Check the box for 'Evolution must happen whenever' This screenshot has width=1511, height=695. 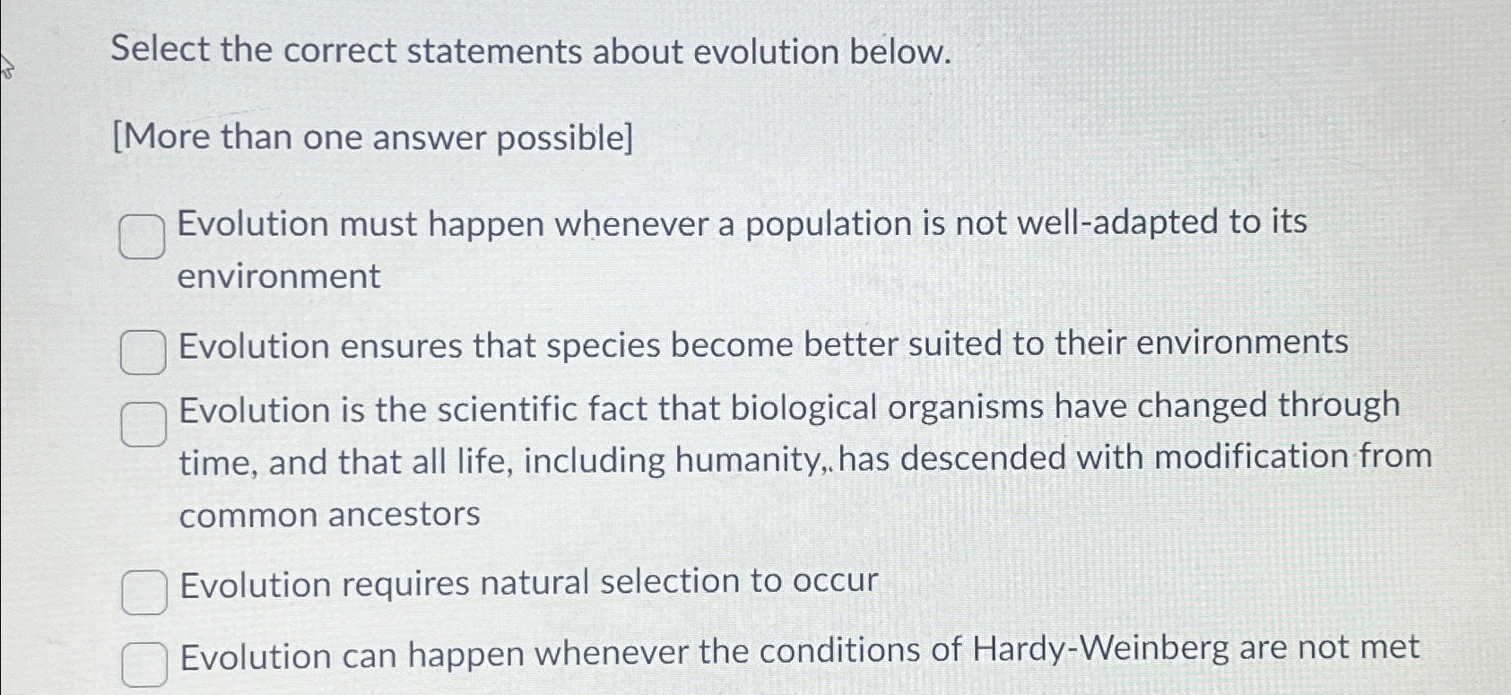pos(142,237)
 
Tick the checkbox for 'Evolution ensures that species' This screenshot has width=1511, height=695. pos(143,352)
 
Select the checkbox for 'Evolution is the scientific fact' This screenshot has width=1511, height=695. pos(143,423)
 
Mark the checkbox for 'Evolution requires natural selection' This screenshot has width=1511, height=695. pos(143,593)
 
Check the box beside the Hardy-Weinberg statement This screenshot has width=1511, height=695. pos(143,665)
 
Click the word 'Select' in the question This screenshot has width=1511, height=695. pos(161,50)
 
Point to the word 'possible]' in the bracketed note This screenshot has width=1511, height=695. pos(565,138)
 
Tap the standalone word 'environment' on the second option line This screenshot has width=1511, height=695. pos(279,276)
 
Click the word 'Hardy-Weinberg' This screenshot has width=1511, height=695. pos(1100,648)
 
